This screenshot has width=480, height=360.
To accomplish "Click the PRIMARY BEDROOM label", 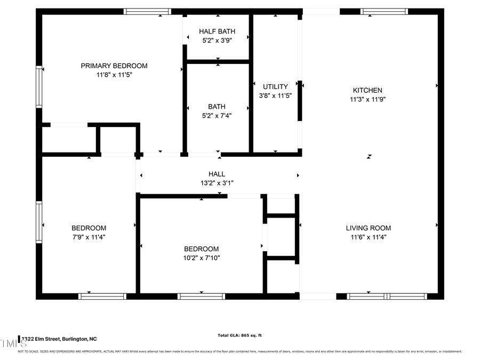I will (x=114, y=66).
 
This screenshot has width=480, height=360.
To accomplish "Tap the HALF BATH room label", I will (x=217, y=31).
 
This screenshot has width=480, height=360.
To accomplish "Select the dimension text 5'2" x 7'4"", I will (x=217, y=115).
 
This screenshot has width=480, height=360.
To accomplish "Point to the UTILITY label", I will (x=275, y=86).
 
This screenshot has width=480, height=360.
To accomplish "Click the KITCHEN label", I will (x=367, y=90).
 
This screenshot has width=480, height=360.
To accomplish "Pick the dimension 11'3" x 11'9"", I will (x=367, y=99).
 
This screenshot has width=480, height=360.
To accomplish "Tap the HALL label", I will (x=217, y=174).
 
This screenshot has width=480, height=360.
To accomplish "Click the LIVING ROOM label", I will (x=368, y=228).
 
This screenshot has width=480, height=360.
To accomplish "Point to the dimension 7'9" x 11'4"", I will (x=89, y=237).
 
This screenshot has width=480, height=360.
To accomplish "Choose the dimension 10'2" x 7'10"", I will (x=201, y=258).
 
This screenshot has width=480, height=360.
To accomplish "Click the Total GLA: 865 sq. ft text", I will (x=239, y=335).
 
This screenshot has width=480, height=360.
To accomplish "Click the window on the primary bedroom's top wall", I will (x=148, y=11).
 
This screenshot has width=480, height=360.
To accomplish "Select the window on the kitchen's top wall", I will (x=384, y=11).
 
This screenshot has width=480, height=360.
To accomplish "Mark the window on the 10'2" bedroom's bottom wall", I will (x=201, y=296).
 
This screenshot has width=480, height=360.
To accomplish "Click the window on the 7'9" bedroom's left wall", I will (x=39, y=222).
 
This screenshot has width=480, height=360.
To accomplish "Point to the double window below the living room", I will (x=387, y=296).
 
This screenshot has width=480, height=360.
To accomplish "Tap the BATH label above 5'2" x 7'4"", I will (x=217, y=106).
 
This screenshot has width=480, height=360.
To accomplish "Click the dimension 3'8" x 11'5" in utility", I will (x=275, y=96).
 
